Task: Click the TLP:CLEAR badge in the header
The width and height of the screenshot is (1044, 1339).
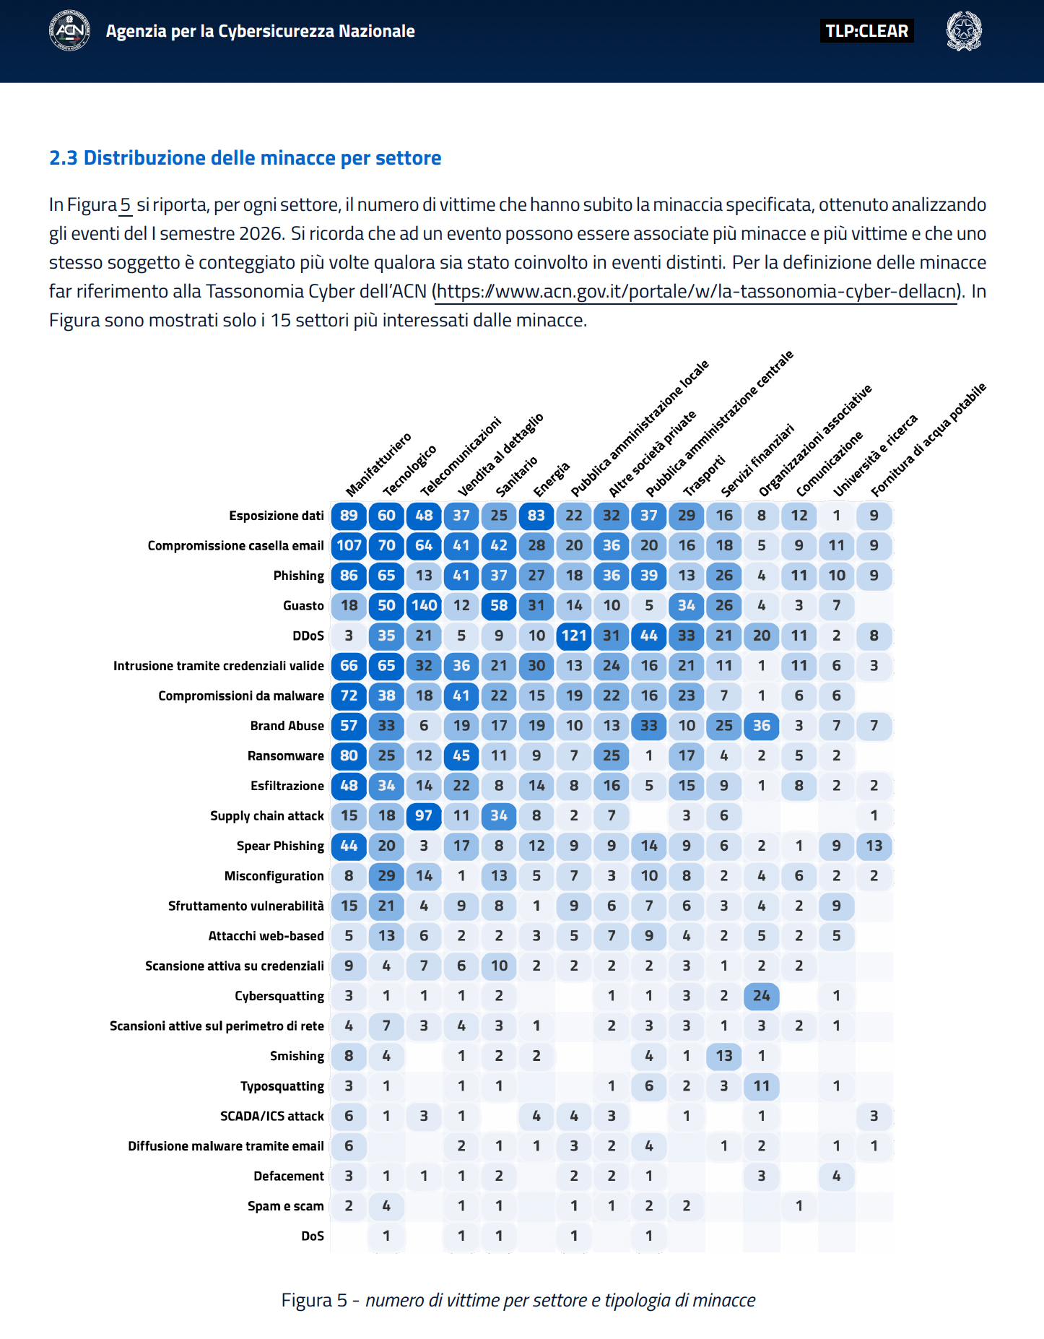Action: tap(866, 31)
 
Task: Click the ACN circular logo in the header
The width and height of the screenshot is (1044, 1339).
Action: tap(69, 30)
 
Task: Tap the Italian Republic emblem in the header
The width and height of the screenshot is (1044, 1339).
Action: tap(964, 31)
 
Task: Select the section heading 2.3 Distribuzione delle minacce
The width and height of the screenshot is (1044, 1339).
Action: tap(245, 158)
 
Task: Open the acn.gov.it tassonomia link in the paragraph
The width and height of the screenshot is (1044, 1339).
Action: tap(697, 292)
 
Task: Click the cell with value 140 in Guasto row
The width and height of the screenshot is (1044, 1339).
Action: tap(425, 605)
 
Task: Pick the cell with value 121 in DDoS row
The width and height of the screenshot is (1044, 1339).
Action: tap(574, 636)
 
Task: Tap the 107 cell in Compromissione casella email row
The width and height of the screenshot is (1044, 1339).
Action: tap(349, 545)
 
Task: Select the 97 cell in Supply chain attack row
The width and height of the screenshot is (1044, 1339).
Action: tap(424, 815)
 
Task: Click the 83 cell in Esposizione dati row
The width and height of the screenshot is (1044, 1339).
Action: tap(536, 515)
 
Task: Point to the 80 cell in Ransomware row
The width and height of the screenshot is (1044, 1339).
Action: tap(349, 755)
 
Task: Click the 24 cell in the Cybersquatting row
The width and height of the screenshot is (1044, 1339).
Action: tap(762, 996)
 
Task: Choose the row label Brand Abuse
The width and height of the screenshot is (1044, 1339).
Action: tap(287, 726)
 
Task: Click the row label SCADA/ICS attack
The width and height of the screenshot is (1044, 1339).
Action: tap(272, 1116)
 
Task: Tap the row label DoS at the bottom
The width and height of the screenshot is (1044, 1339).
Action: tap(313, 1236)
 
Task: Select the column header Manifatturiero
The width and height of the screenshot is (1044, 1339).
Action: tap(378, 464)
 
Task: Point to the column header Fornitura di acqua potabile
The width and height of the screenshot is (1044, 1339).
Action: tap(928, 440)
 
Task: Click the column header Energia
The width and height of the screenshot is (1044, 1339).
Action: tap(552, 480)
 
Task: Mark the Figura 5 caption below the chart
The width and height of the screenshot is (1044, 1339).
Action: tap(518, 1300)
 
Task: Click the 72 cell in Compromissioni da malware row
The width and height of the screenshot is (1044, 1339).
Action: tap(349, 695)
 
